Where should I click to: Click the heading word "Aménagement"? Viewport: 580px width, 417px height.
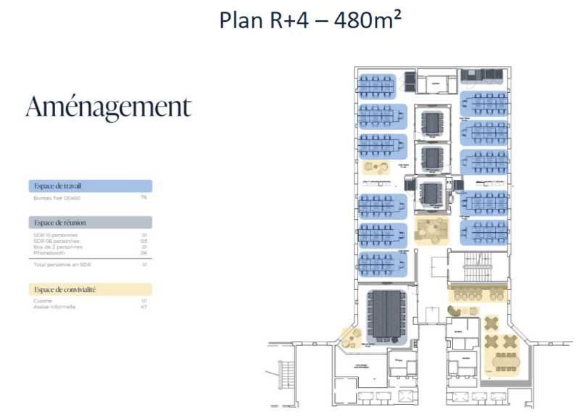108,107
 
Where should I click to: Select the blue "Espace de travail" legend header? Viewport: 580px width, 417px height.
90,186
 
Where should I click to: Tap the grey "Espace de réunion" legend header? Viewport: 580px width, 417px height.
90,223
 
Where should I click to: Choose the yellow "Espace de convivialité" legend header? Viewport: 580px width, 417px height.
90,289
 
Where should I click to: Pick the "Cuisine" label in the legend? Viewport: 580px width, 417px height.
43,300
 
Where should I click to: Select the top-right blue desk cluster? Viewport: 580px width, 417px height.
484,102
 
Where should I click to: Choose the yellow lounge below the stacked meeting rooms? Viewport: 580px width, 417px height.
433,230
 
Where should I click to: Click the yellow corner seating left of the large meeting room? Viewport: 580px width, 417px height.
352,337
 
